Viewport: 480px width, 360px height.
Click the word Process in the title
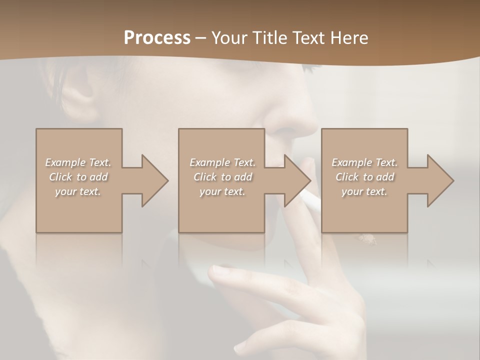(x=157, y=37)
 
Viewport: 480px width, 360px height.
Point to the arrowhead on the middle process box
(x=297, y=180)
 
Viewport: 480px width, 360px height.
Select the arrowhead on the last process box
(x=439, y=180)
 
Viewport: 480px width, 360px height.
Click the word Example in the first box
(x=65, y=162)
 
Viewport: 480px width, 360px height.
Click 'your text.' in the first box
(x=78, y=191)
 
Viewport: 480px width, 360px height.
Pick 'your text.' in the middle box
(x=222, y=191)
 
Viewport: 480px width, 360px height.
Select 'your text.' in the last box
(x=364, y=191)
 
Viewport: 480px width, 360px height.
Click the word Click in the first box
(x=60, y=177)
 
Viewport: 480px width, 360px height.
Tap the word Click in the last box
(x=347, y=177)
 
